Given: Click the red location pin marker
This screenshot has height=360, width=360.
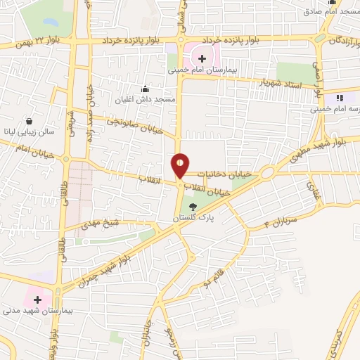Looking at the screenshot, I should tap(180, 166).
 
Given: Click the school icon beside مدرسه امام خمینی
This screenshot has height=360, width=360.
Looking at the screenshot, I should tap(341, 98).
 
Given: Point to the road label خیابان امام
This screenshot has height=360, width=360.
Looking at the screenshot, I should tap(28, 147).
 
